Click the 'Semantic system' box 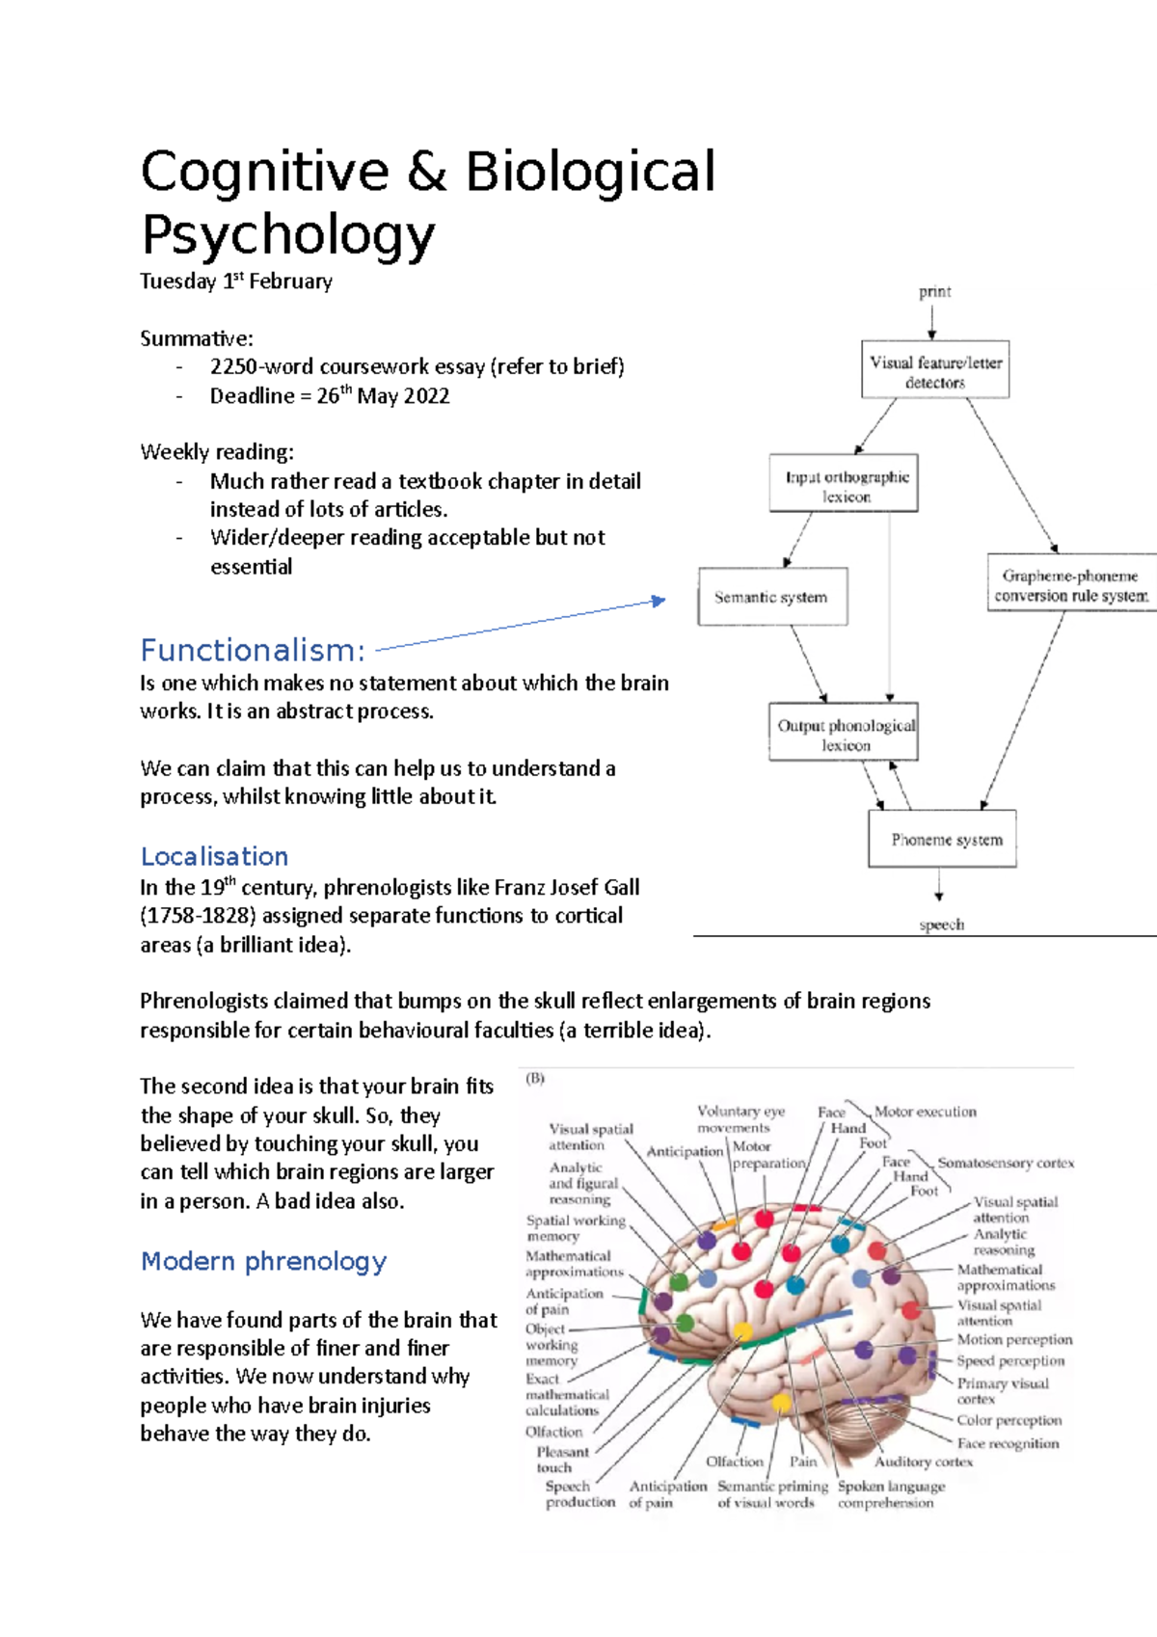pyautogui.click(x=772, y=597)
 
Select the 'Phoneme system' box pyautogui.click(x=943, y=840)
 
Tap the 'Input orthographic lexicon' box pyautogui.click(x=844, y=483)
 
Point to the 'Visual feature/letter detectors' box pyautogui.click(x=935, y=370)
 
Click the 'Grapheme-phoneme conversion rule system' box pyautogui.click(x=1070, y=583)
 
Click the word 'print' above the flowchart pyautogui.click(x=934, y=291)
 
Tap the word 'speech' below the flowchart pyautogui.click(x=940, y=925)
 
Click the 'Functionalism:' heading pyautogui.click(x=253, y=651)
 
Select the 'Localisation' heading pyautogui.click(x=214, y=856)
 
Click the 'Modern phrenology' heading pyautogui.click(x=263, y=1261)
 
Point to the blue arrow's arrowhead pyautogui.click(x=659, y=601)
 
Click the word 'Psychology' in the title pyautogui.click(x=288, y=234)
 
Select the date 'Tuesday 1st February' pyautogui.click(x=236, y=282)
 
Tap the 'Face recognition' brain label pyautogui.click(x=1007, y=1443)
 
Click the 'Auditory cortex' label pyautogui.click(x=923, y=1462)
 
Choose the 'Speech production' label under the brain pyautogui.click(x=578, y=1493)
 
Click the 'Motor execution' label pyautogui.click(x=925, y=1112)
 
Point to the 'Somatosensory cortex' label pyautogui.click(x=1005, y=1163)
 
